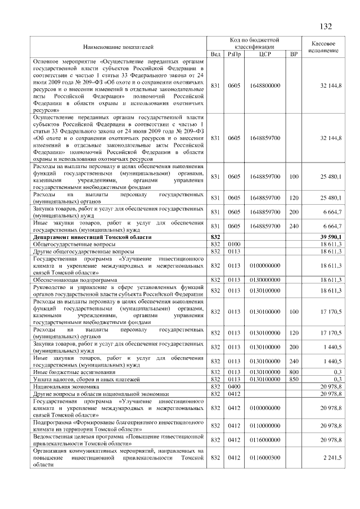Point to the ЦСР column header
pyautogui.click(x=265, y=54)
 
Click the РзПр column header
pyautogui.click(x=234, y=54)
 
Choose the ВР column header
pyautogui.click(x=293, y=54)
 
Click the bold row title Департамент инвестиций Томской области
pyautogui.click(x=92, y=238)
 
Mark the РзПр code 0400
pyautogui.click(x=234, y=388)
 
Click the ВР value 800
pyautogui.click(x=293, y=372)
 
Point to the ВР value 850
pyautogui.click(x=293, y=380)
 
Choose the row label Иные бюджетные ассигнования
pyautogui.click(x=75, y=372)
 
